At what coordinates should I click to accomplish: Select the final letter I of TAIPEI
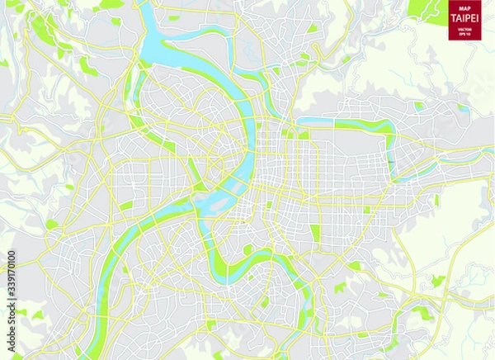coord(478,18)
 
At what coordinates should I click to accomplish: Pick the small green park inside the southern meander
coord(247,250)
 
